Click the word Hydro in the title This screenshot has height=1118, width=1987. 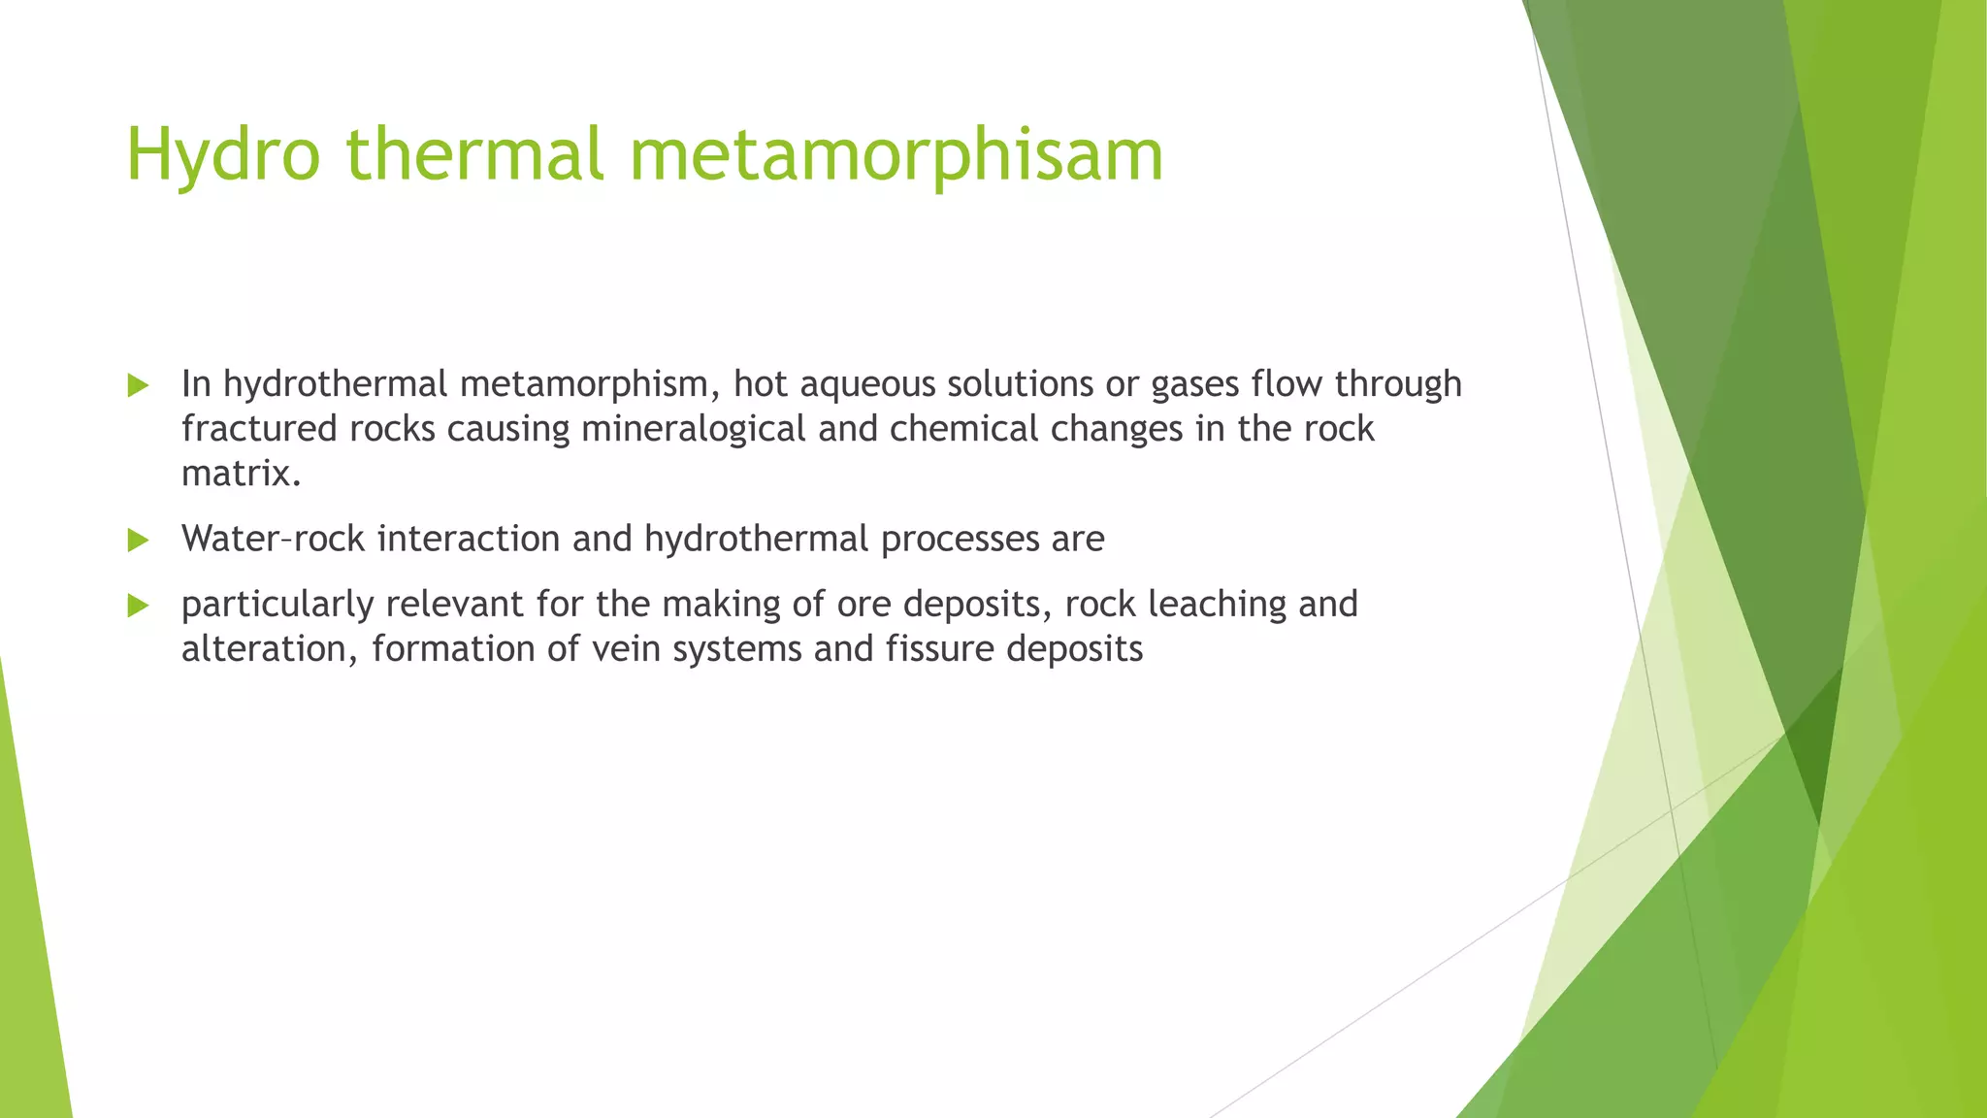click(x=223, y=155)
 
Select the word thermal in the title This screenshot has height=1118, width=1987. click(x=474, y=155)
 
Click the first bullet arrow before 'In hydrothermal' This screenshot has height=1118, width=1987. click(x=138, y=385)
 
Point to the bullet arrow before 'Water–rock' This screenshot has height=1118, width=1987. click(x=138, y=540)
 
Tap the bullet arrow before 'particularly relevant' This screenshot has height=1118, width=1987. click(x=138, y=606)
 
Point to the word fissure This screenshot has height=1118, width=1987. click(x=938, y=649)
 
